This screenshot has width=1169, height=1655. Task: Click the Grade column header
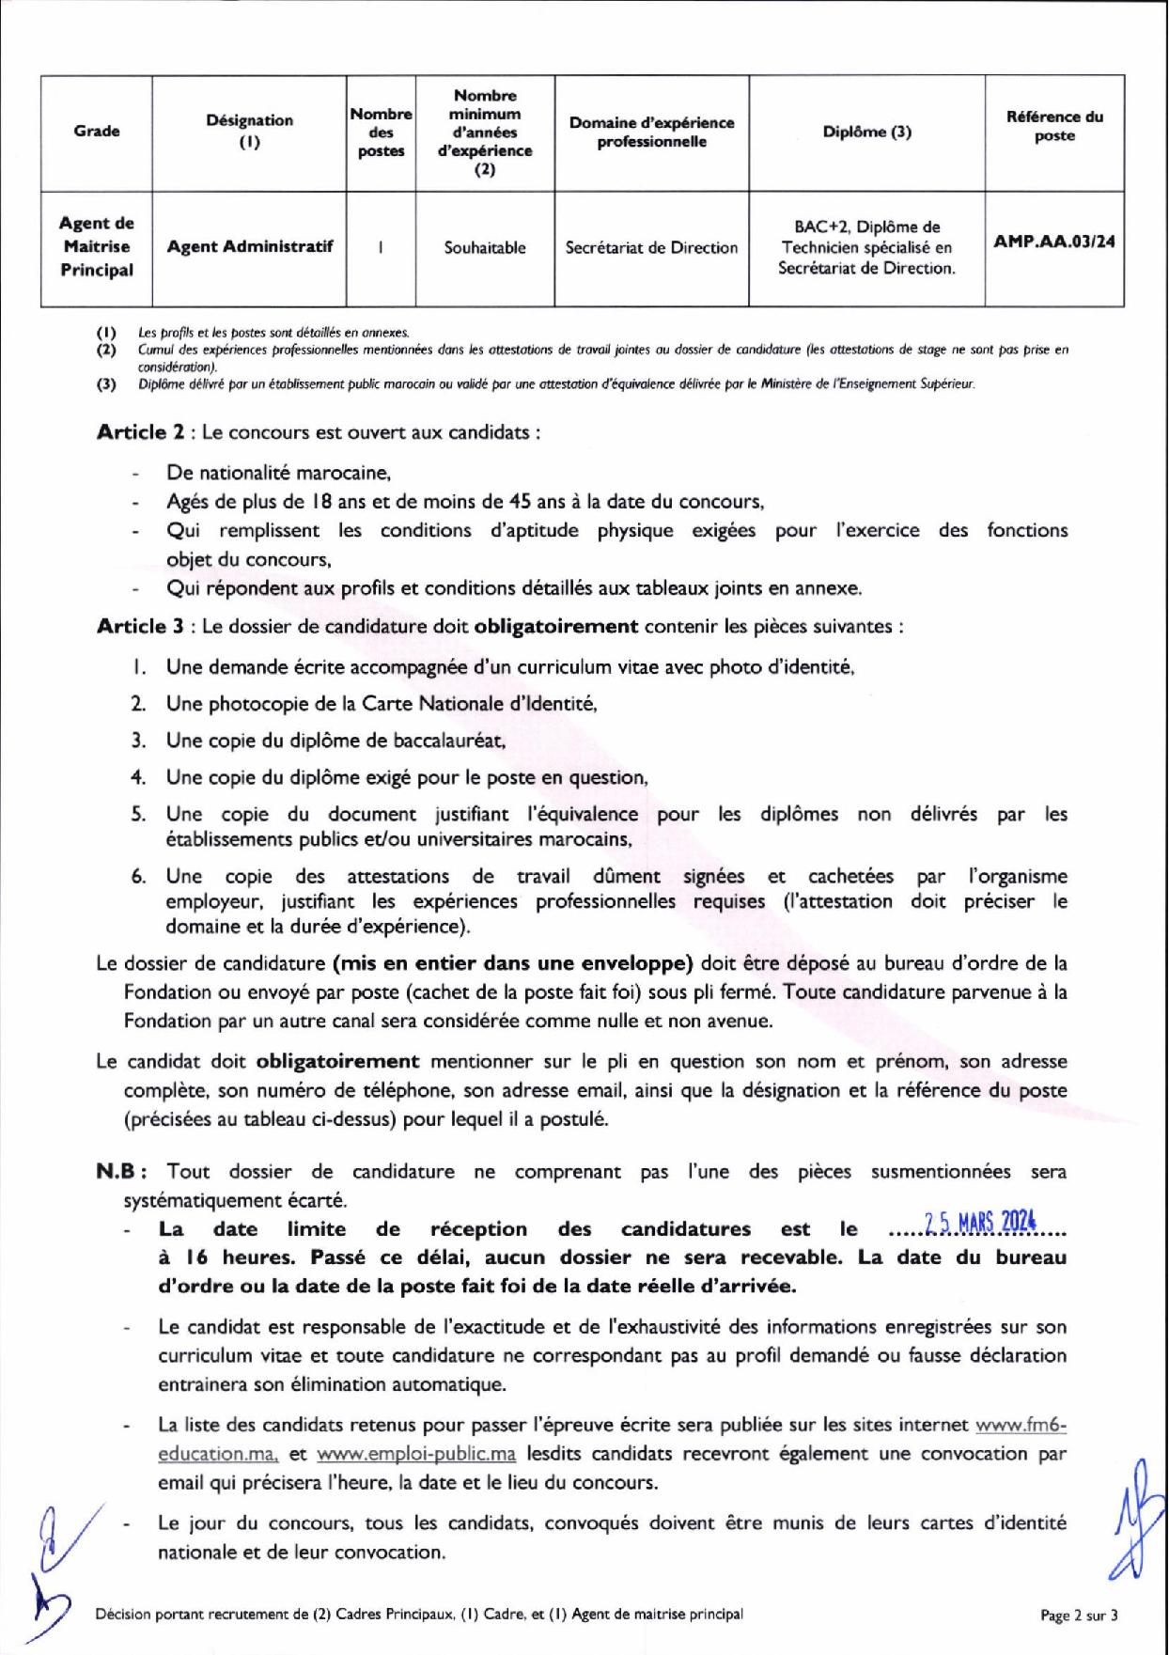pyautogui.click(x=97, y=132)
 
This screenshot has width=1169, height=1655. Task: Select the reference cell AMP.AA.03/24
pyautogui.click(x=1053, y=242)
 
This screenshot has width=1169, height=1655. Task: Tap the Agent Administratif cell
pyautogui.click(x=250, y=247)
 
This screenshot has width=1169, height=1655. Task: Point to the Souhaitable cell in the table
pyautogui.click(x=485, y=248)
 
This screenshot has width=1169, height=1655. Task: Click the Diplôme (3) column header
pyautogui.click(x=866, y=133)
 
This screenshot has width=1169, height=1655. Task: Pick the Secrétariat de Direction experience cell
pyautogui.click(x=651, y=248)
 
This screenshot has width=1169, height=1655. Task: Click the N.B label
pyautogui.click(x=119, y=1172)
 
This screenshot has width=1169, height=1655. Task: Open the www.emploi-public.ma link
pyautogui.click(x=416, y=1454)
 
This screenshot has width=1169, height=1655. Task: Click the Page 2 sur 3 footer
pyautogui.click(x=1079, y=1616)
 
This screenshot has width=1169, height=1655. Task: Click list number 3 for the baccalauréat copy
pyautogui.click(x=138, y=740)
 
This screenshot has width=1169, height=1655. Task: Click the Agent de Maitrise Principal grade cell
pyautogui.click(x=97, y=246)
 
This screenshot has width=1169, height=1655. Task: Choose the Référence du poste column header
pyautogui.click(x=1053, y=126)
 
